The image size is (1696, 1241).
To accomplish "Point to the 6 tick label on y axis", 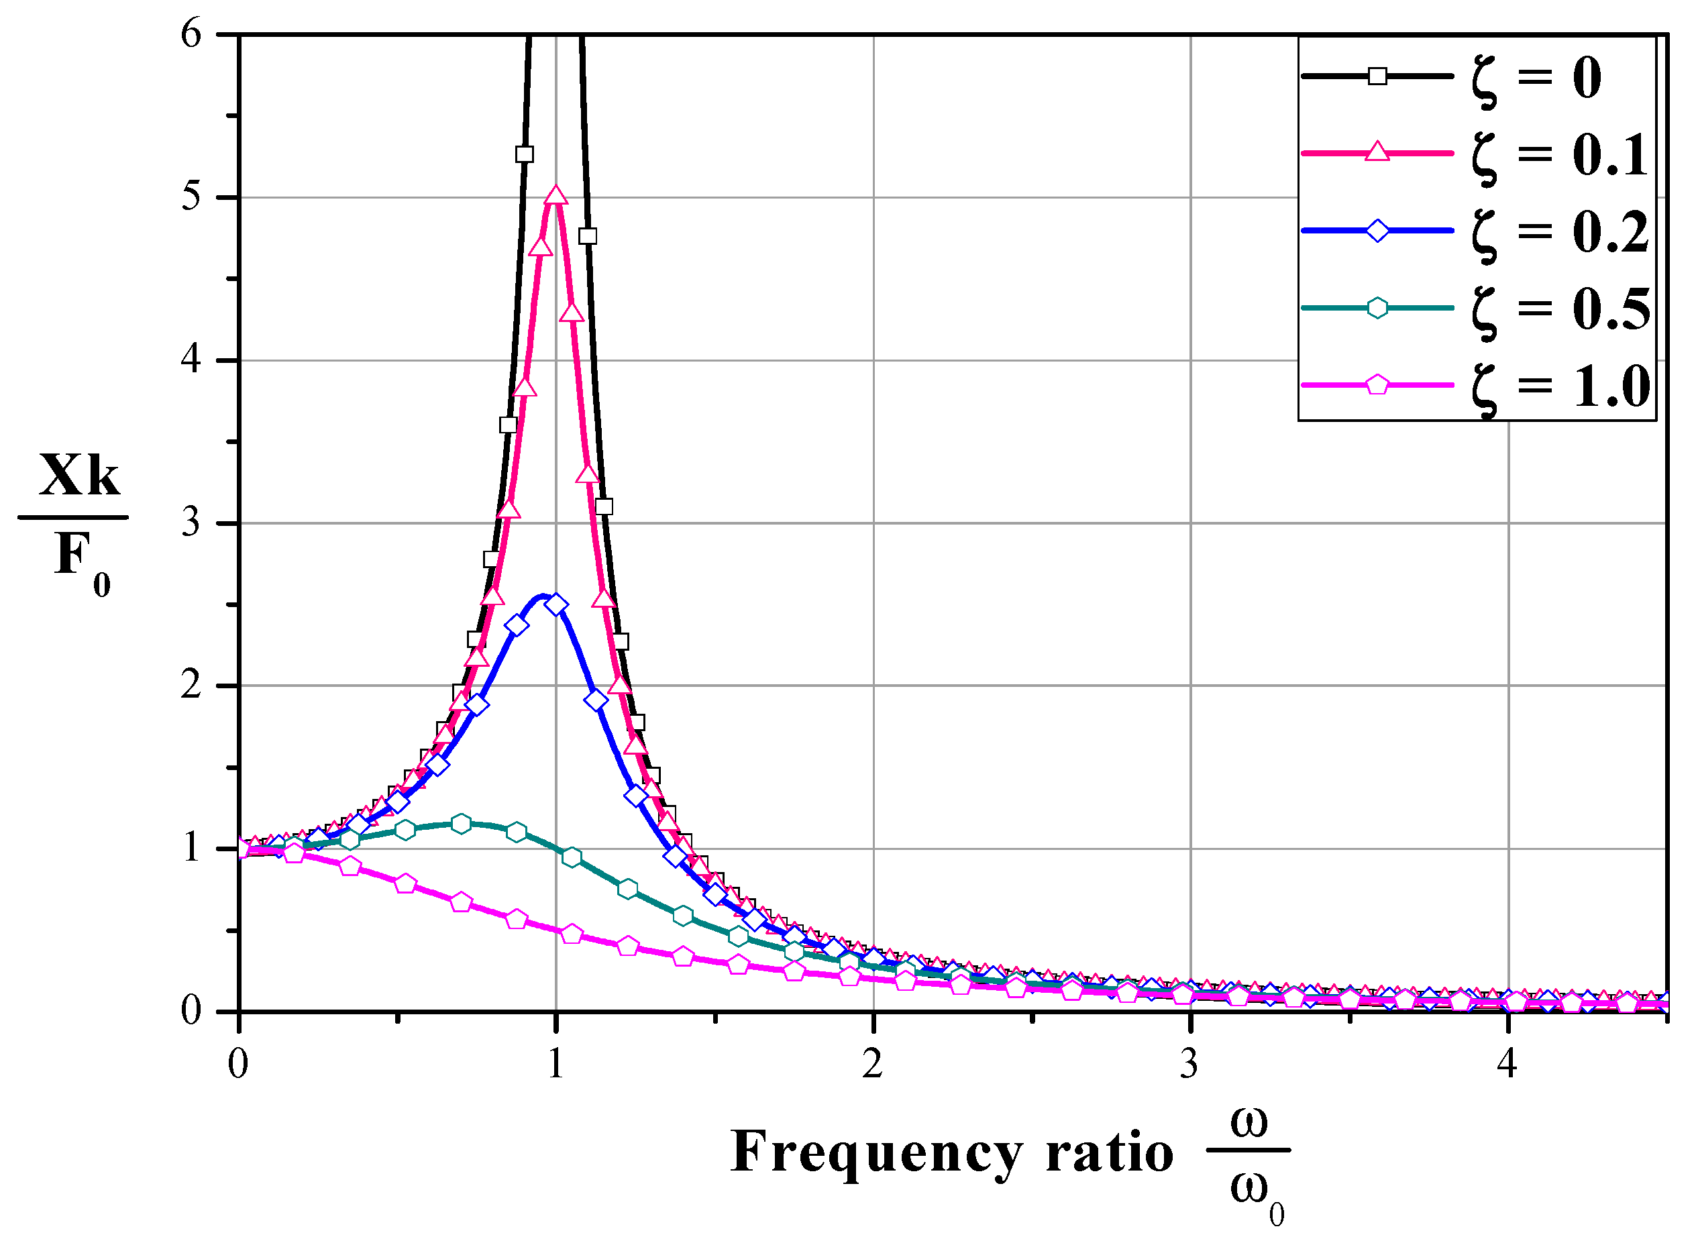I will pyautogui.click(x=191, y=35).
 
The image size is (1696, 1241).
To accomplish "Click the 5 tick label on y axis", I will pyautogui.click(x=191, y=198).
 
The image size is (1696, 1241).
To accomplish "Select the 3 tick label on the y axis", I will pyautogui.click(x=191, y=523).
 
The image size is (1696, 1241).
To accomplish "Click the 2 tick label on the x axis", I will pyautogui.click(x=873, y=1064).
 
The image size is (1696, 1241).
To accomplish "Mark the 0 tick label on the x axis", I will pyautogui.click(x=238, y=1064).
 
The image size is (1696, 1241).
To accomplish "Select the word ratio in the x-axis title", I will pyautogui.click(x=1110, y=1153).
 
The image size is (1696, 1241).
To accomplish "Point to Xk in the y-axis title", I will pyautogui.click(x=79, y=476).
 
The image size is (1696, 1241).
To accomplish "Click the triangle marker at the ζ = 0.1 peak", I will pyautogui.click(x=555, y=196).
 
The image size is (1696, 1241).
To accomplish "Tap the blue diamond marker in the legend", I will pyautogui.click(x=1377, y=230).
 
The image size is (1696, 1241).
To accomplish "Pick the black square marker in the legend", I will pyautogui.click(x=1377, y=76).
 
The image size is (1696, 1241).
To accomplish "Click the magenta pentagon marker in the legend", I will pyautogui.click(x=1377, y=385).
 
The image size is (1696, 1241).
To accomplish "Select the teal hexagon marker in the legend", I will pyautogui.click(x=1377, y=308).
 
